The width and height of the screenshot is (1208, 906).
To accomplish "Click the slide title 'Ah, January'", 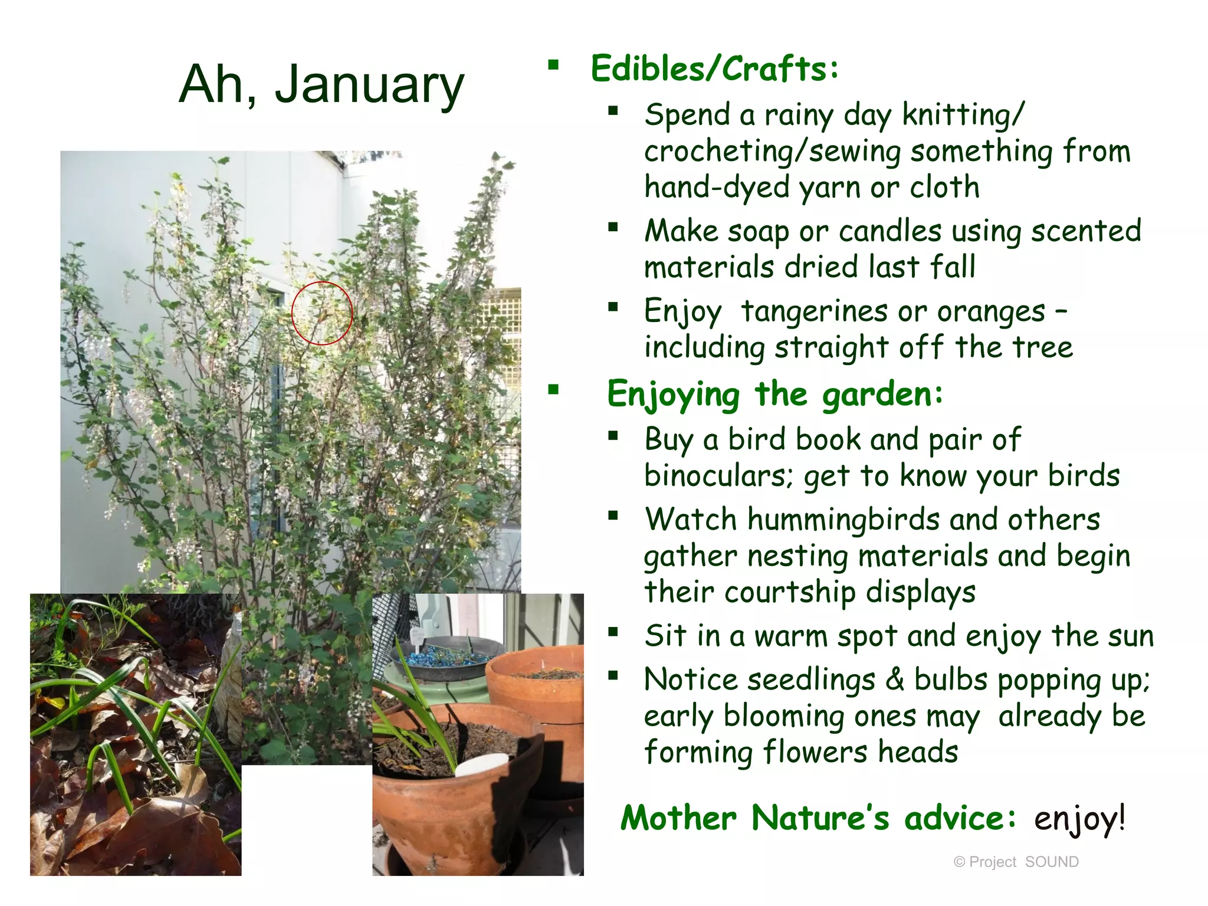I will [x=321, y=84].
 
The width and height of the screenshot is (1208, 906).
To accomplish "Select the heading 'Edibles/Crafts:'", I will [x=714, y=69].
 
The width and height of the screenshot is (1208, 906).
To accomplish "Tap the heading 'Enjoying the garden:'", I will [x=775, y=394].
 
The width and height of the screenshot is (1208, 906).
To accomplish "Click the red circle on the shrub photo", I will [x=321, y=313].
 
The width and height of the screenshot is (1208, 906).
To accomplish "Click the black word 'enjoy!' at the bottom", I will [x=1079, y=819].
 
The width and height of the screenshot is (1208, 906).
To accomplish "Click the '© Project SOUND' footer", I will [x=1016, y=862].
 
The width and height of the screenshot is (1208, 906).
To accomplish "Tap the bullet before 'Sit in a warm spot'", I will [x=613, y=633].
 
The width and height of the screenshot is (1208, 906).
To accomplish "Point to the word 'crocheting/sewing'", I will [x=772, y=152].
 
